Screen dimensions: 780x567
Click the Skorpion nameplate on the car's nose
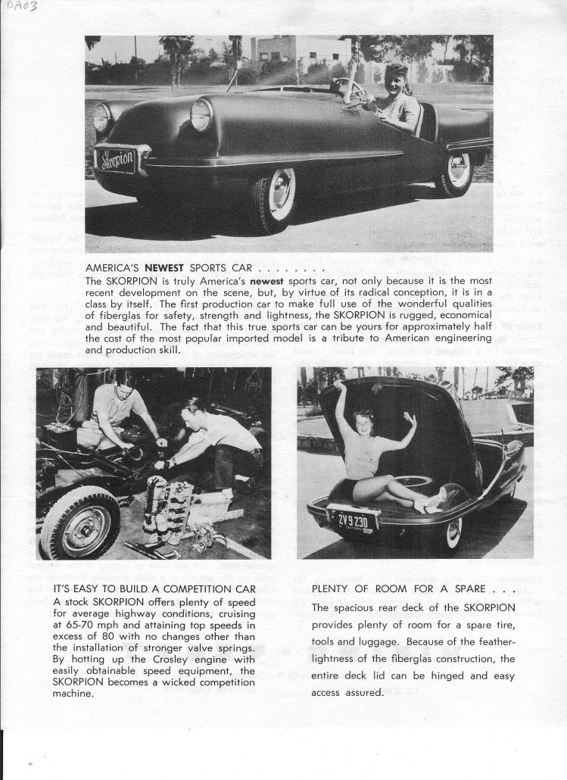click(x=115, y=160)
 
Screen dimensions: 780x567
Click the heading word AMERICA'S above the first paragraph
click(x=114, y=267)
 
